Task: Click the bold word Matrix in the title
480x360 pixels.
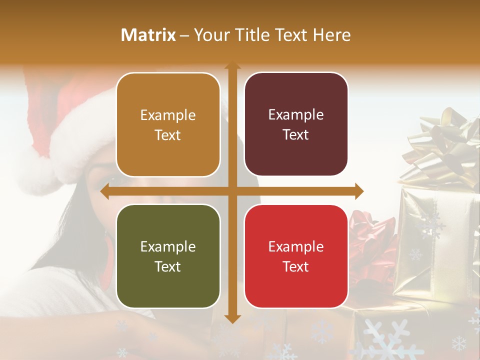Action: (148, 35)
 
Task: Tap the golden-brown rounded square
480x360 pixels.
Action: (168, 124)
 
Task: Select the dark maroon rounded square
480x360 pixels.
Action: (296, 124)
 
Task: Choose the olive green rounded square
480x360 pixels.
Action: (168, 256)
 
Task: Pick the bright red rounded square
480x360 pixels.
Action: (296, 256)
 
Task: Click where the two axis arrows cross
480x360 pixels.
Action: (232, 191)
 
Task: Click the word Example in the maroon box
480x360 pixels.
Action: (296, 114)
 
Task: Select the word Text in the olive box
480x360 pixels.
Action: (168, 266)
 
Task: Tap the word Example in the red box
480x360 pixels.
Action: (296, 246)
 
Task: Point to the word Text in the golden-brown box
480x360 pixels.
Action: (168, 135)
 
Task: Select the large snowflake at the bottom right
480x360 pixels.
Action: (385, 340)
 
